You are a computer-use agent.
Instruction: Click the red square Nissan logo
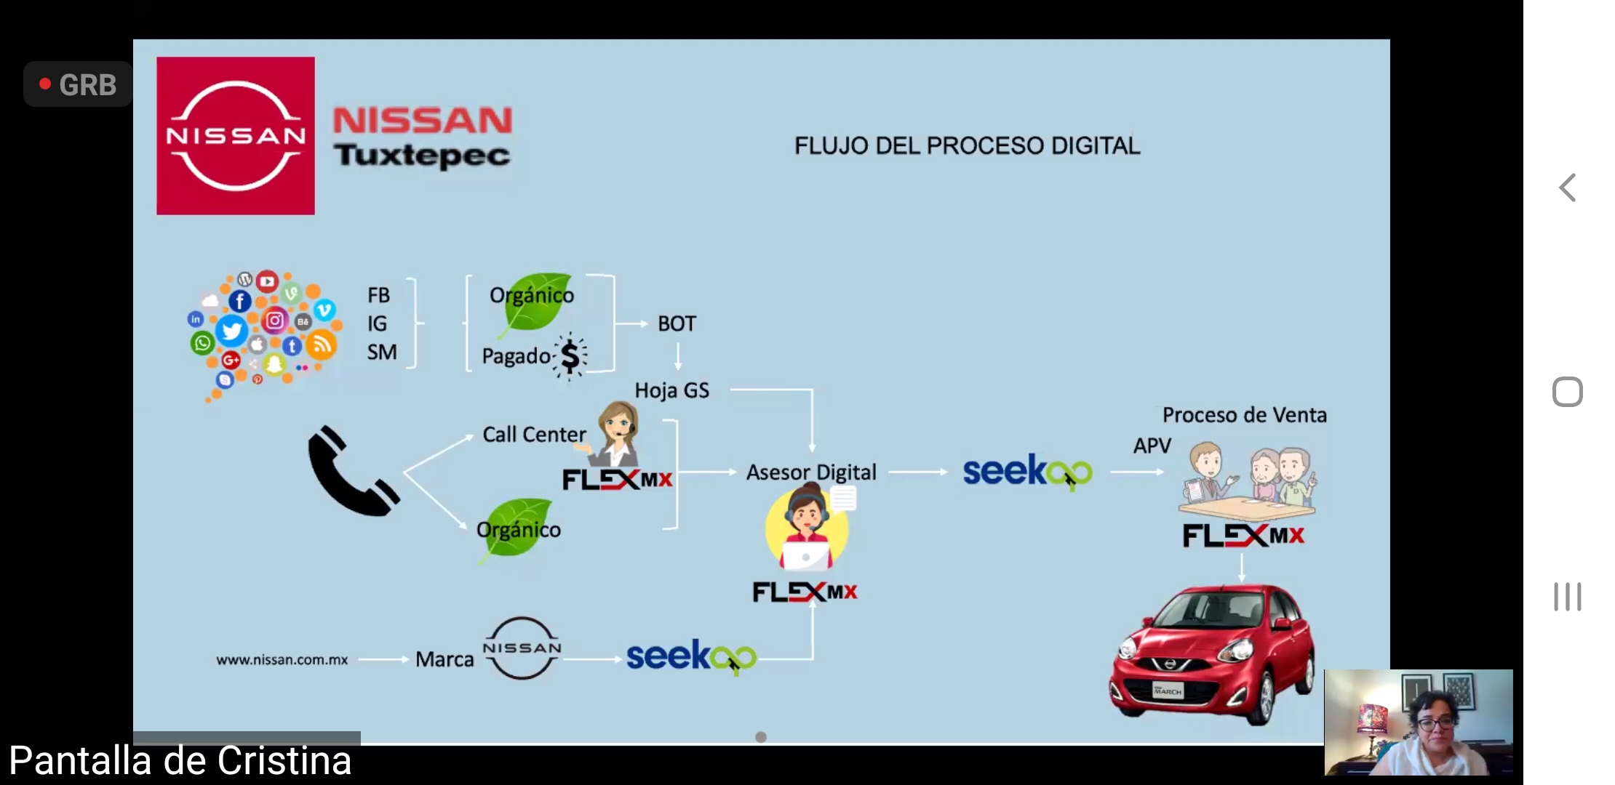(236, 136)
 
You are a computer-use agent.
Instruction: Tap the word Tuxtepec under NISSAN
(422, 155)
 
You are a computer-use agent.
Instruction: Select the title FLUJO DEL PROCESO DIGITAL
(967, 145)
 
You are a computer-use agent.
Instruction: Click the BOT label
(677, 323)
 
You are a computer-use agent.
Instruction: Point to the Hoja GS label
(671, 390)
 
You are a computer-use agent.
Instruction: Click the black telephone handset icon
(352, 472)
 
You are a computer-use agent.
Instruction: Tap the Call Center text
(534, 435)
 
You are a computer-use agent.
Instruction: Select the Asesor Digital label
(811, 472)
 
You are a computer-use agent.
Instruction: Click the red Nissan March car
(1212, 653)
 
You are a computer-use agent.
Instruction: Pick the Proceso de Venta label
(1244, 415)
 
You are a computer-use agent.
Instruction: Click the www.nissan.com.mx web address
(282, 660)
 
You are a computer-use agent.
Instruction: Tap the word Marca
(444, 659)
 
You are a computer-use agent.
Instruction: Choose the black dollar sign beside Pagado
(570, 356)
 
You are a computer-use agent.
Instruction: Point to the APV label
(1152, 446)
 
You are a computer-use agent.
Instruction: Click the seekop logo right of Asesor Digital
(1027, 472)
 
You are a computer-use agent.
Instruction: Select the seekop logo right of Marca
(691, 656)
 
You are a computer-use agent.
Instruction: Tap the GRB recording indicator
(79, 85)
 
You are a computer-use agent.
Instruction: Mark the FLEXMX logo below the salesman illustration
(1243, 536)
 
